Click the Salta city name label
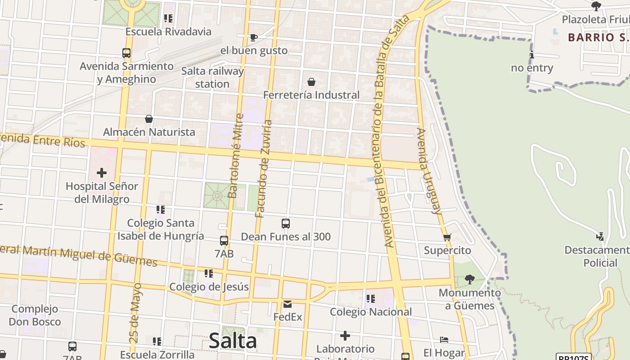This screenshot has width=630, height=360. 233,341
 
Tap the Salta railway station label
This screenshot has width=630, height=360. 212,77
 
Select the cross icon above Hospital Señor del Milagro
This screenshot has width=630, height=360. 102,172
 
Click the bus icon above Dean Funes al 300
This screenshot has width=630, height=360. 285,223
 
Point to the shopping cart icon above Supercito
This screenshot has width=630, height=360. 447,237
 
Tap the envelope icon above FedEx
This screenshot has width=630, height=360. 288,304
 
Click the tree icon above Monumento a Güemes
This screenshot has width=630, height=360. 469,279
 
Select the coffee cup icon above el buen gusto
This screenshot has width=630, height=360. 254,37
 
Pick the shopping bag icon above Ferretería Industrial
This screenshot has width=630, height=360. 311,82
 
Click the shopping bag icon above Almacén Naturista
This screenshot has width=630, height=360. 149,119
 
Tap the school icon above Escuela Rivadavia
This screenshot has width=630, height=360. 168,18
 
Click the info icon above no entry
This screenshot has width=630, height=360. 532,55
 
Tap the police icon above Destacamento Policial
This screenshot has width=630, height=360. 600,237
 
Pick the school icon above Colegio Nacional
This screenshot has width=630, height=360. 371,299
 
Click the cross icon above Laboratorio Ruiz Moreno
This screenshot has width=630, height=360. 345,336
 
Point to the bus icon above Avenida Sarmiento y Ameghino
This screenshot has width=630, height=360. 126,53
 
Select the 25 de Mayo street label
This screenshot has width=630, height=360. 135,313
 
